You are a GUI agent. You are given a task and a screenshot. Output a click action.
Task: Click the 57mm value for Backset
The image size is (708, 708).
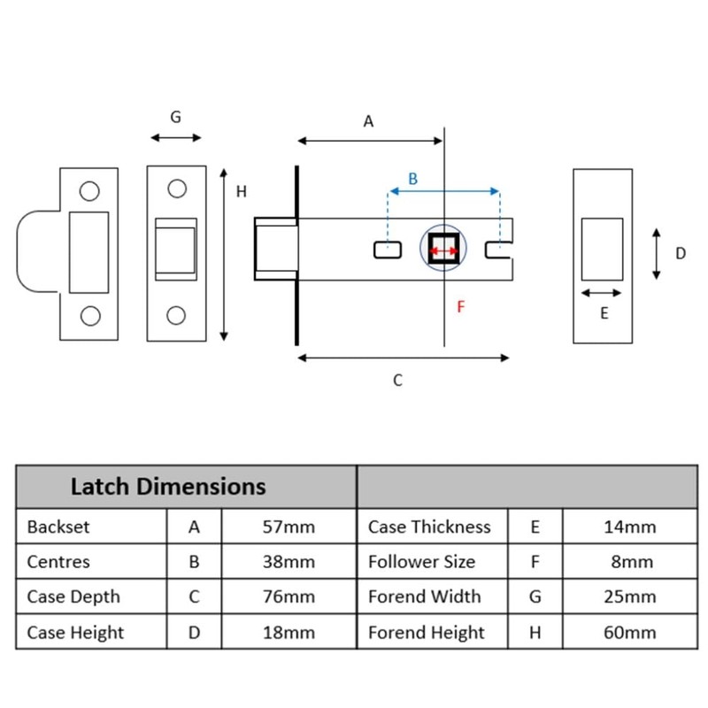(289, 527)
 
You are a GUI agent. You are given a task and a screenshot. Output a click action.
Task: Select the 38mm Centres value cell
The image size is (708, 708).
(289, 562)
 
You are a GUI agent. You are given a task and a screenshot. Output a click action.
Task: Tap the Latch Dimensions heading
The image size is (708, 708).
(168, 487)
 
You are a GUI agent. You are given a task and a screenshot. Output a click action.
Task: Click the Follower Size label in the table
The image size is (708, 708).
(422, 562)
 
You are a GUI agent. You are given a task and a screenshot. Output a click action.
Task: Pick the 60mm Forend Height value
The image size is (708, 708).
(630, 633)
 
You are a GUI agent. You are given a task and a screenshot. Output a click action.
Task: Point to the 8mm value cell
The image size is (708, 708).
(632, 562)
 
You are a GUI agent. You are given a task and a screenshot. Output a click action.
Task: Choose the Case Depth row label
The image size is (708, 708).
(73, 596)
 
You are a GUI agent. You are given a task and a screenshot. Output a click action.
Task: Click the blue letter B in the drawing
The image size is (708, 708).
(412, 179)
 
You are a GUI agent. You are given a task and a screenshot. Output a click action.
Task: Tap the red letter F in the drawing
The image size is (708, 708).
(460, 307)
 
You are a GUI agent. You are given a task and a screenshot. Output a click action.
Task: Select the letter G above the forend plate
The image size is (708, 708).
(175, 117)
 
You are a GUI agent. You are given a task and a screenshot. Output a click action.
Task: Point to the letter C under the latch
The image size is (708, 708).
(397, 381)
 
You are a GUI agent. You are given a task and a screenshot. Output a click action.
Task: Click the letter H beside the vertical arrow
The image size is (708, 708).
(242, 192)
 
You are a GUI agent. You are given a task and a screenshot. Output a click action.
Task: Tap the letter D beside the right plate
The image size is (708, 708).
(681, 253)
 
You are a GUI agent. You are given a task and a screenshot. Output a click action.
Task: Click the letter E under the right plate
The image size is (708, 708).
(604, 313)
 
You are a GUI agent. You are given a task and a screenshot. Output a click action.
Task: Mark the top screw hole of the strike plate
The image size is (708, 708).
(89, 191)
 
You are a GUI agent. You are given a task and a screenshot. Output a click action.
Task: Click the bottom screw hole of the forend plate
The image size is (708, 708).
(176, 315)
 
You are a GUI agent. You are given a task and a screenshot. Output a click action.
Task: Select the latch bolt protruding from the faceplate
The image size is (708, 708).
(276, 249)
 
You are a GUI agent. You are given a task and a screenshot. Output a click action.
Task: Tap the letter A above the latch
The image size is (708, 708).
(368, 121)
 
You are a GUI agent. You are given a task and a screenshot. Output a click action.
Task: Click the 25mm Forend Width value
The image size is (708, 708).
(630, 596)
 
